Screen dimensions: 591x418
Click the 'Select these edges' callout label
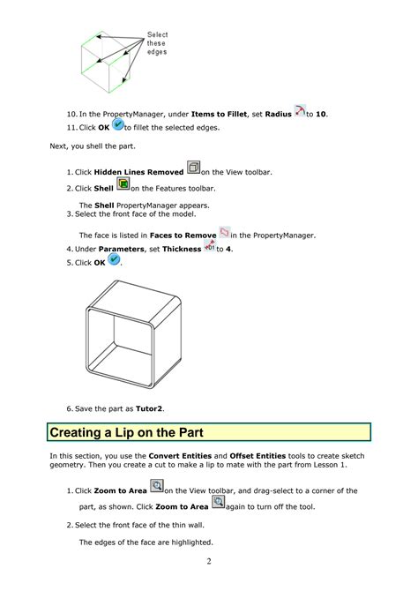pos(157,43)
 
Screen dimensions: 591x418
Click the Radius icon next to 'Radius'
pos(299,111)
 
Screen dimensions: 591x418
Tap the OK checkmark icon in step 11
pos(118,125)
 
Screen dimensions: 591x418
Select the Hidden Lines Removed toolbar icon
pos(194,169)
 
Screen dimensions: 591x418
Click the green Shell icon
pos(123,185)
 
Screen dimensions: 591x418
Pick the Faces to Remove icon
pos(224,233)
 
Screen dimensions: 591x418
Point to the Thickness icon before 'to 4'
pos(210,247)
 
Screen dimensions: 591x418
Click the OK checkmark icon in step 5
pos(114,261)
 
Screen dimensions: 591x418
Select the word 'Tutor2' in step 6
pos(150,409)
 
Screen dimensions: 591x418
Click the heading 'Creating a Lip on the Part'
pos(126,433)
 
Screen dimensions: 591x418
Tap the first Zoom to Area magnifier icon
pos(157,487)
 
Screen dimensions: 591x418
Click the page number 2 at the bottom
pos(209,561)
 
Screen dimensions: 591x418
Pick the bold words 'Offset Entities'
pos(258,456)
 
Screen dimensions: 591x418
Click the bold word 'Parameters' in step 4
pos(120,250)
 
